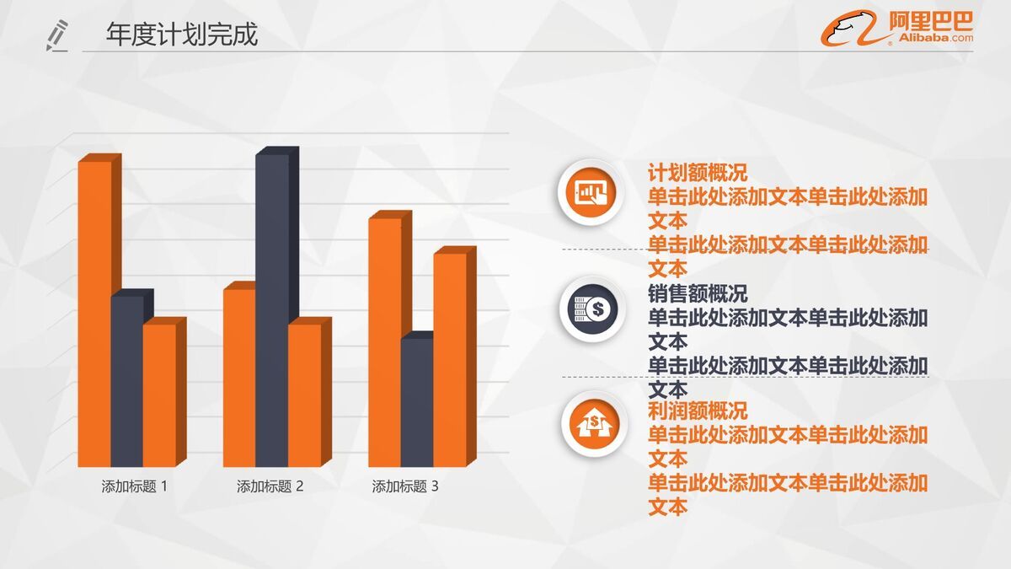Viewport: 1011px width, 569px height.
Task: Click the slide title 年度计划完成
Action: pyautogui.click(x=182, y=35)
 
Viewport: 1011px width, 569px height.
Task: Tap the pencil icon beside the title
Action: pyautogui.click(x=57, y=36)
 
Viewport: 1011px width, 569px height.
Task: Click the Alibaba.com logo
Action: pyautogui.click(x=897, y=28)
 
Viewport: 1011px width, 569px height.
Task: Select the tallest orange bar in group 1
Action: pyautogui.click(x=94, y=312)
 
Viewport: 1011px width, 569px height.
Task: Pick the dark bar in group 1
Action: pyautogui.click(x=127, y=379)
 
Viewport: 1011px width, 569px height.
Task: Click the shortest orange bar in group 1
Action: pyautogui.click(x=159, y=395)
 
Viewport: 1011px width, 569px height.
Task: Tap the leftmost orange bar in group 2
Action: pyautogui.click(x=239, y=378)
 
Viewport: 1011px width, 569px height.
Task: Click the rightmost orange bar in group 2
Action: pyautogui.click(x=304, y=395)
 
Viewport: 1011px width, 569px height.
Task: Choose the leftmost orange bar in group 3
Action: pyautogui.click(x=384, y=341)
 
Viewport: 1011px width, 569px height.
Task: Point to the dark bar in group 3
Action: pyautogui.click(x=417, y=402)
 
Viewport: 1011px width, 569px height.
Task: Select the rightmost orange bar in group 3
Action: pyautogui.click(x=449, y=359)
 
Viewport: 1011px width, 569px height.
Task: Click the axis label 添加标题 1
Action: pyautogui.click(x=135, y=486)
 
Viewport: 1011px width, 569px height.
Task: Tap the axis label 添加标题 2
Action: pyautogui.click(x=270, y=486)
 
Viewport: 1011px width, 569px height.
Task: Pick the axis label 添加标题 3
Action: pyautogui.click(x=405, y=486)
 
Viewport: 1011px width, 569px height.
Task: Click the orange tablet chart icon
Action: pyautogui.click(x=589, y=193)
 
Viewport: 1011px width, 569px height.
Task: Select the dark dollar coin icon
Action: pyautogui.click(x=589, y=309)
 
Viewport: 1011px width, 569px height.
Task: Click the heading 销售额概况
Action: pyautogui.click(x=698, y=294)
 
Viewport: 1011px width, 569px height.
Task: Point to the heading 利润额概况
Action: pyautogui.click(x=698, y=411)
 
